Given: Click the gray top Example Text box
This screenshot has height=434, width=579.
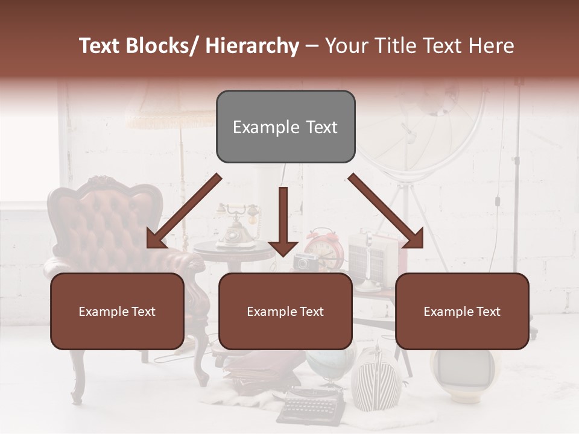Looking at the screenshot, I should pyautogui.click(x=285, y=127).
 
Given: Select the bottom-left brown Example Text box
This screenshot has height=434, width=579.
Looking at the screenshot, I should pyautogui.click(x=117, y=311).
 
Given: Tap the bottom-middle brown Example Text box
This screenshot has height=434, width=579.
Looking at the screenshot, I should pyautogui.click(x=285, y=311).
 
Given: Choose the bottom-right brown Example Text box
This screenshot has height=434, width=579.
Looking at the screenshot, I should pyautogui.click(x=462, y=311).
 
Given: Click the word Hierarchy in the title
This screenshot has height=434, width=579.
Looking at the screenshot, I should pyautogui.click(x=252, y=46).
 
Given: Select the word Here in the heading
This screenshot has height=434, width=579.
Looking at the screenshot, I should pyautogui.click(x=491, y=46).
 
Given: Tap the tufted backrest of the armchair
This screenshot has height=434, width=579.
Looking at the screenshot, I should pyautogui.click(x=103, y=217).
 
